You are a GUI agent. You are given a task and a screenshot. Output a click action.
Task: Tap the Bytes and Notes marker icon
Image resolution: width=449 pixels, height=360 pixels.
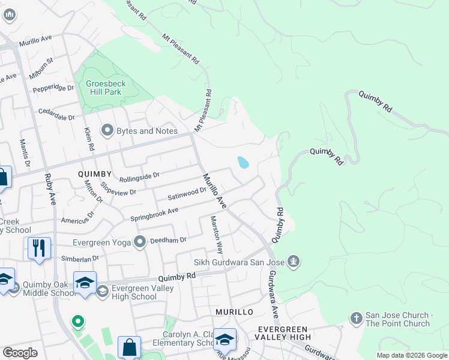(x=108, y=130)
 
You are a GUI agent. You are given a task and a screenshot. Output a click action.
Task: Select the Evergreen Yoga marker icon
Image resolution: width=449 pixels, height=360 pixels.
(x=140, y=242)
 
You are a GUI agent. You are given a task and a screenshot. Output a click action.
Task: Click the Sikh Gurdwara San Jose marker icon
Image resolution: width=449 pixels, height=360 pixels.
(x=293, y=262)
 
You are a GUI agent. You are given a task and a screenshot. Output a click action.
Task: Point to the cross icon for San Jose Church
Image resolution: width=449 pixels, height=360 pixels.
(x=356, y=319)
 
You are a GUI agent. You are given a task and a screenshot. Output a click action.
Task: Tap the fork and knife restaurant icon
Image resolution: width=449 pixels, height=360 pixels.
(x=39, y=247)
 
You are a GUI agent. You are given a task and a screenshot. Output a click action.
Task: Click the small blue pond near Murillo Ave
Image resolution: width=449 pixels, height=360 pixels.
(x=243, y=163)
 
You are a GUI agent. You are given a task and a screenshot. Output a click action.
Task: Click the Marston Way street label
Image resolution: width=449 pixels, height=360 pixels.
(x=216, y=235)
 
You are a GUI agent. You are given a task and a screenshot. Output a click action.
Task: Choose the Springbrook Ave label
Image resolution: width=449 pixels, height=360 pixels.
(x=155, y=214)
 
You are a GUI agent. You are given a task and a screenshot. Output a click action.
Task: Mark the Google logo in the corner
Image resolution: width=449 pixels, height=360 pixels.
(x=20, y=353)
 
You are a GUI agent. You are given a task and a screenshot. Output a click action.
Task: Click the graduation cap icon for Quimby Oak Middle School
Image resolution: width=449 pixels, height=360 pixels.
(x=85, y=283)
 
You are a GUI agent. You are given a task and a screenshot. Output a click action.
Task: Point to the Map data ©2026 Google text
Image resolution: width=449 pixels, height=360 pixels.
(x=411, y=355)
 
